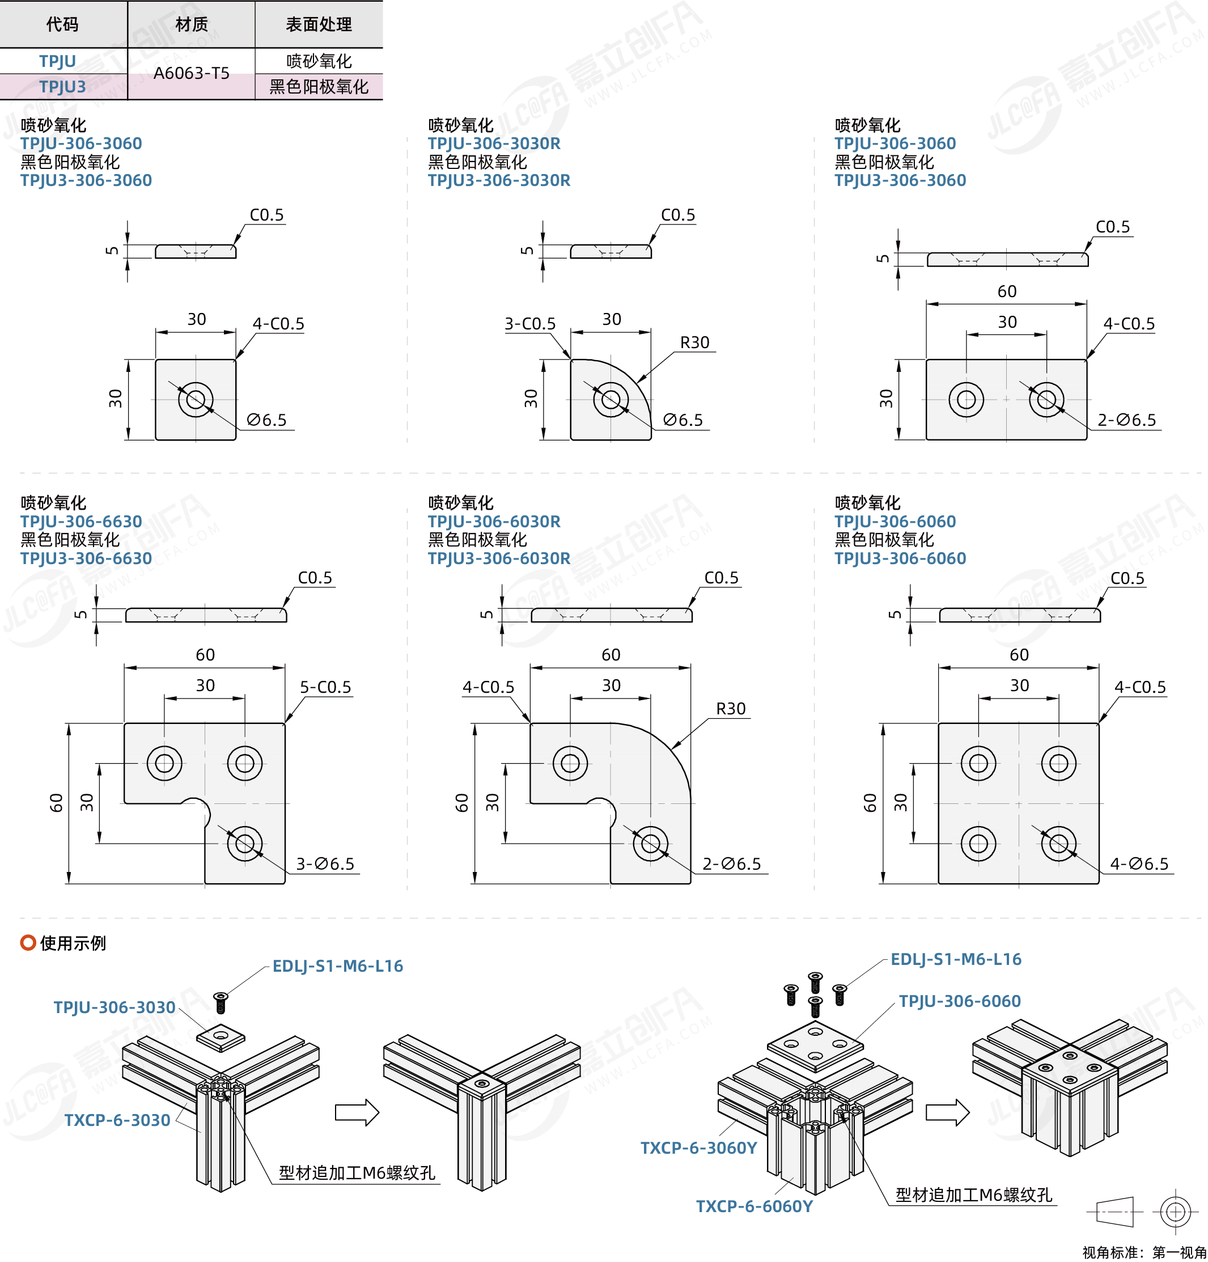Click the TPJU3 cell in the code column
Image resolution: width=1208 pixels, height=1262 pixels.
click(x=62, y=86)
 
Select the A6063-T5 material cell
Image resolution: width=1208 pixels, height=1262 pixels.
click(x=191, y=73)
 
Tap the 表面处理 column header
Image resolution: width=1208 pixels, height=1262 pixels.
click(x=319, y=24)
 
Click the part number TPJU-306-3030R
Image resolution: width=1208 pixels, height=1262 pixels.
click(x=494, y=143)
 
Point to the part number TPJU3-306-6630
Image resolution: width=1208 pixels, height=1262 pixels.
click(x=86, y=558)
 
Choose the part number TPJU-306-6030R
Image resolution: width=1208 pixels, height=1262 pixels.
click(x=494, y=522)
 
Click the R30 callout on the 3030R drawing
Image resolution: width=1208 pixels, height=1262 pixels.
click(x=695, y=342)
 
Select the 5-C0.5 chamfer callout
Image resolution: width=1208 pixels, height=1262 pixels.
click(x=325, y=687)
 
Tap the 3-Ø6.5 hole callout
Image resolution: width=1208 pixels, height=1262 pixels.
click(x=325, y=864)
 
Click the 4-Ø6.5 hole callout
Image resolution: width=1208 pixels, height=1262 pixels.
click(x=1139, y=864)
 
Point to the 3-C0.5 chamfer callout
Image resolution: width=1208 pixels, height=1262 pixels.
click(x=530, y=324)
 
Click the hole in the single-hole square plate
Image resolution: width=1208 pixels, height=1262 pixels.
click(x=196, y=399)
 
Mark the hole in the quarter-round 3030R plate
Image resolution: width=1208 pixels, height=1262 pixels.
click(x=611, y=399)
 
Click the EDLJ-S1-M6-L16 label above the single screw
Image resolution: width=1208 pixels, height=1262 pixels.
click(x=337, y=966)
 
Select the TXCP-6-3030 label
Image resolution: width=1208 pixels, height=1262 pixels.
click(x=117, y=1120)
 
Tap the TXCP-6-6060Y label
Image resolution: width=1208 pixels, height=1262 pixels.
click(x=754, y=1206)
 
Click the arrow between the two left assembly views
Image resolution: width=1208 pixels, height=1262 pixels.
click(x=357, y=1112)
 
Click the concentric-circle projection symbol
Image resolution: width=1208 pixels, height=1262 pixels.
click(x=1175, y=1212)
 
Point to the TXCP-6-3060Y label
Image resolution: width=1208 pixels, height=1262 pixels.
click(x=698, y=1148)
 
